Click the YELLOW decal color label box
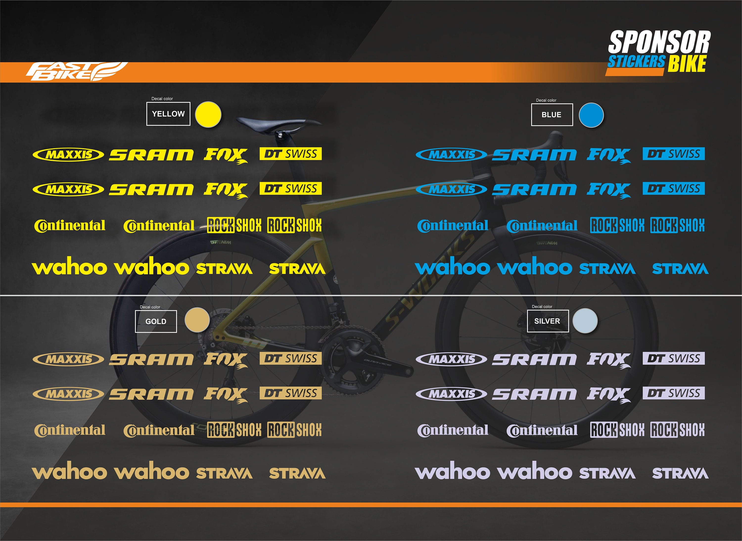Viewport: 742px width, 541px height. click(168, 114)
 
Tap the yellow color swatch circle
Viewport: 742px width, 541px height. click(208, 115)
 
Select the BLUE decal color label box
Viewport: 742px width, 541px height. click(552, 115)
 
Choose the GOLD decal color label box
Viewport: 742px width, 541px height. click(156, 321)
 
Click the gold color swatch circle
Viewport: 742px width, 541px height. click(197, 320)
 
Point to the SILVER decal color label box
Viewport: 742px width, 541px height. click(548, 321)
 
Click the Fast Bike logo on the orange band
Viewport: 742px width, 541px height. click(77, 72)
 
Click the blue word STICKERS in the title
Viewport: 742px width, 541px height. click(636, 62)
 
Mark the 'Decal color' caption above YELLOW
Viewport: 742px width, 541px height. click(162, 98)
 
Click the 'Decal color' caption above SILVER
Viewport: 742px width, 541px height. click(542, 307)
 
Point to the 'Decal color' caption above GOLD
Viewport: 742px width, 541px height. click(150, 307)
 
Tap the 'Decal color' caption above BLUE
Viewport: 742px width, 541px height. click(546, 100)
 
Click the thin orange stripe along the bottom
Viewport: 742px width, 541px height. click(371, 505)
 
